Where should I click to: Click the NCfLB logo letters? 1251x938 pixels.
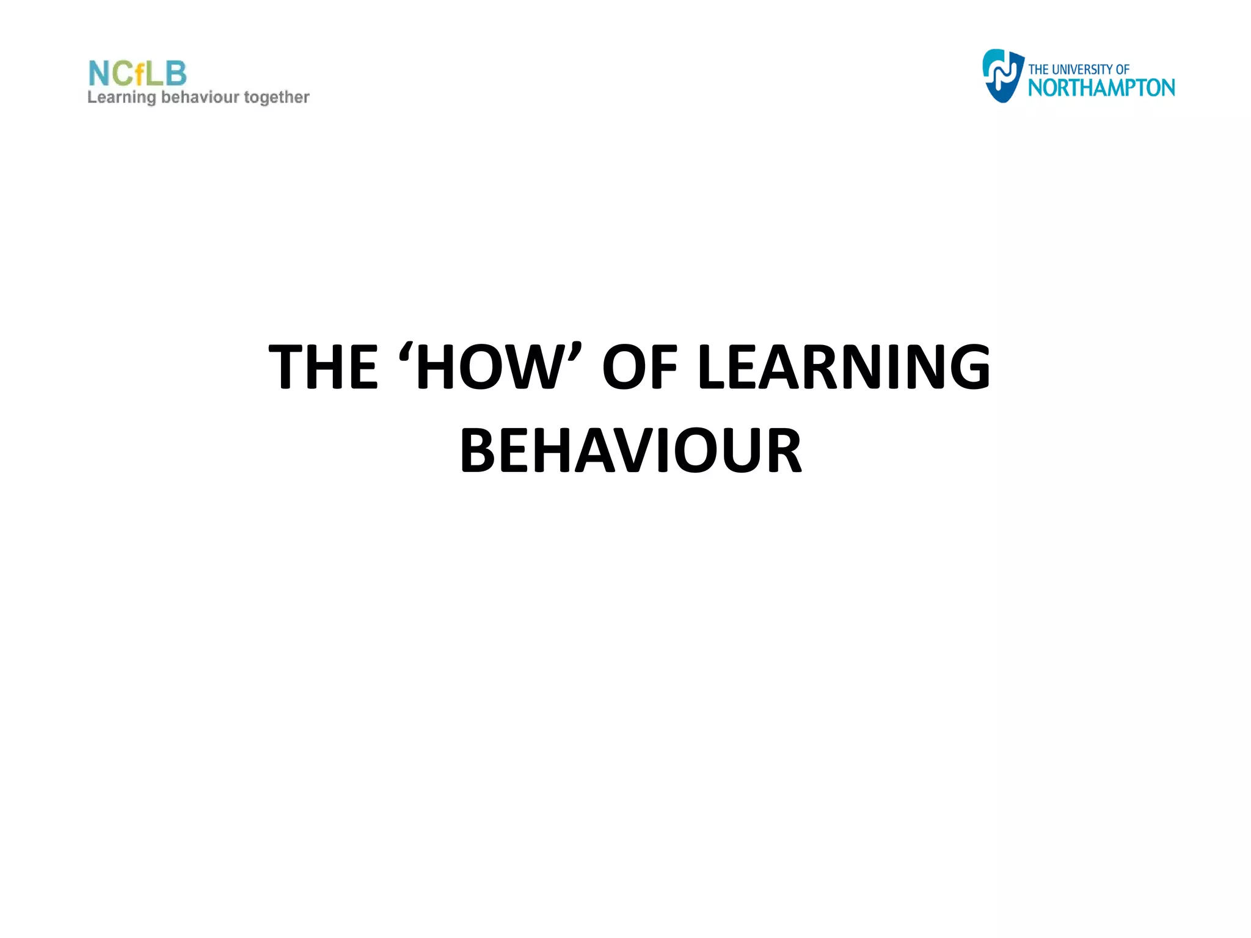click(137, 74)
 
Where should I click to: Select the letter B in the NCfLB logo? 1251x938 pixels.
click(176, 74)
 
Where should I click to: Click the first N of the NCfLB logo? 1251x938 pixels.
click(99, 74)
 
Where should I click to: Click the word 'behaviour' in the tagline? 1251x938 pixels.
click(200, 97)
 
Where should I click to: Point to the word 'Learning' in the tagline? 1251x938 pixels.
click(122, 98)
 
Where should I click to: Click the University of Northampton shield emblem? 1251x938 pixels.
click(1002, 76)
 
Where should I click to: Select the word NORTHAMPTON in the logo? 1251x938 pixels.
click(1101, 88)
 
